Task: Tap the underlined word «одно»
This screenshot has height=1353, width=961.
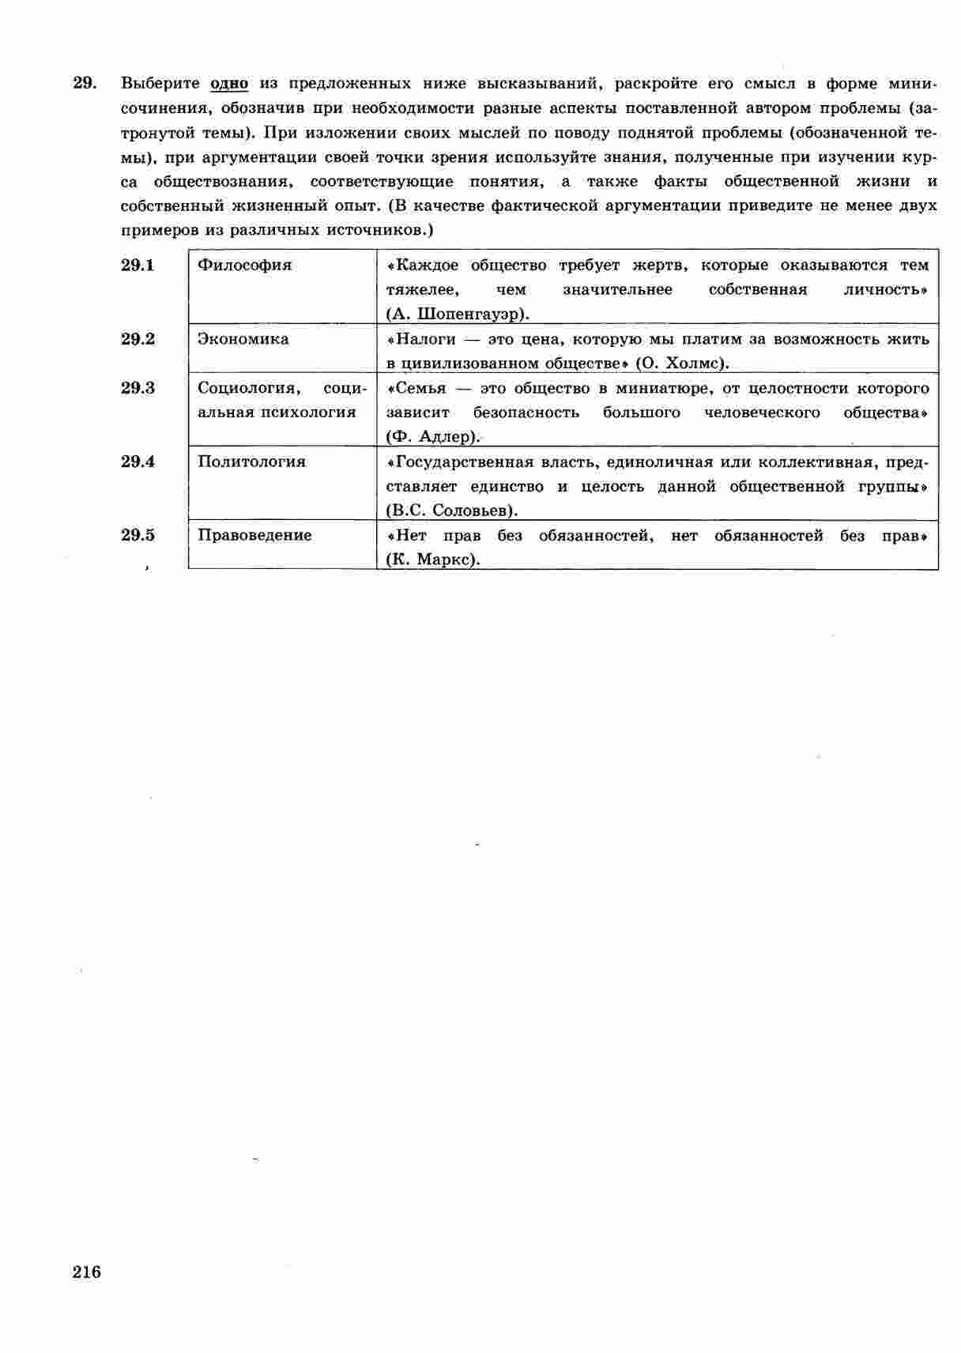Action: coord(229,84)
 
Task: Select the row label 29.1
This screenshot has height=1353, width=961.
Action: coord(138,266)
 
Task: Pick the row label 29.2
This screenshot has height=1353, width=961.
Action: coord(138,339)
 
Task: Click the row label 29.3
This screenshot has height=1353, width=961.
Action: coord(138,388)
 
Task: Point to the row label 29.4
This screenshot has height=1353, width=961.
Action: coord(138,462)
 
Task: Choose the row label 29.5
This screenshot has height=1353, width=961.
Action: coord(138,535)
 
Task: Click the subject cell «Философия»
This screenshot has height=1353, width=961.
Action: coord(244,266)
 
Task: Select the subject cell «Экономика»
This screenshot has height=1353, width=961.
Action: coord(243,339)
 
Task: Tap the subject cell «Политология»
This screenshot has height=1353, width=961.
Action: coord(251,462)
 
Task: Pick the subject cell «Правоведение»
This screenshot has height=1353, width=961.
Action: coord(254,535)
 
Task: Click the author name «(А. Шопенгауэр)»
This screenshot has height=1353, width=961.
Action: coord(457,314)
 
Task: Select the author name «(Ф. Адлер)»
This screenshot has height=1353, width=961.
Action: coord(433,437)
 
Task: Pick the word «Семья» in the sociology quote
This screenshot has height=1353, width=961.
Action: coord(420,388)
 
